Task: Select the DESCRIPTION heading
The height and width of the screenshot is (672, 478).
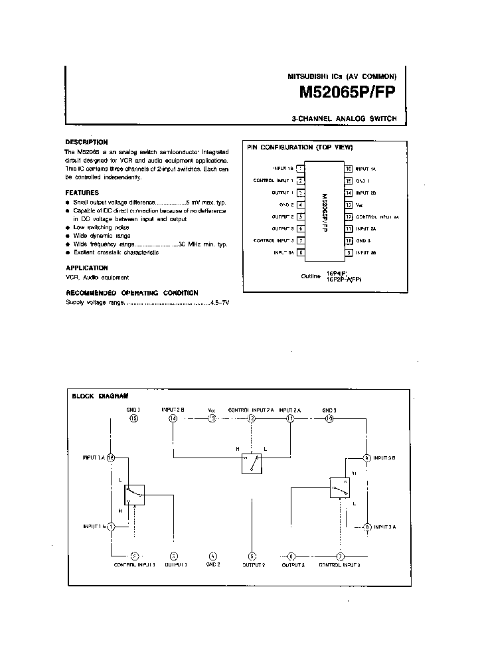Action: (86, 142)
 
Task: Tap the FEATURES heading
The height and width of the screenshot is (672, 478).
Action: (82, 193)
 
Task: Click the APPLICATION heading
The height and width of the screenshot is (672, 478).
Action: (86, 268)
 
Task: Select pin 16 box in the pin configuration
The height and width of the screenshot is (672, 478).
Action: (348, 169)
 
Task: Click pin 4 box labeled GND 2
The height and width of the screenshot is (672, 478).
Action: (301, 205)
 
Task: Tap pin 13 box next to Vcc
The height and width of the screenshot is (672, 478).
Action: (348, 205)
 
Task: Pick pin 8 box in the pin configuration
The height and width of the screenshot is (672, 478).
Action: (301, 252)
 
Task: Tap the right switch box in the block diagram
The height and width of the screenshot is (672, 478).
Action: (339, 487)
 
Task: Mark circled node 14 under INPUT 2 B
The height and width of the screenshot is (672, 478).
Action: (173, 419)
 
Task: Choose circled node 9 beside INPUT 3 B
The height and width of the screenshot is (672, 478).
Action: (366, 458)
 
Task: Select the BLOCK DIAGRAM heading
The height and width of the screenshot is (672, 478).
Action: (100, 396)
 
